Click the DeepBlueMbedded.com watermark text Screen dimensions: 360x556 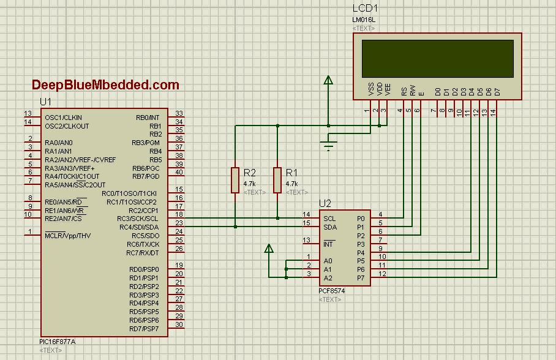105,85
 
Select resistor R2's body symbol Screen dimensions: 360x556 235,179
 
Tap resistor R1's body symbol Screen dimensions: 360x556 277,179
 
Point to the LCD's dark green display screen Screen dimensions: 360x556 437,59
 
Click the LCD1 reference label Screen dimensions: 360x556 366,9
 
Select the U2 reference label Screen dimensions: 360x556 325,204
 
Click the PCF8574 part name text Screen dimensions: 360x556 332,291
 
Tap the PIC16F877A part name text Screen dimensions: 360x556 57,342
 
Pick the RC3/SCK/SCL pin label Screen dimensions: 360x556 138,219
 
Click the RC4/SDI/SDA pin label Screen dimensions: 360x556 138,227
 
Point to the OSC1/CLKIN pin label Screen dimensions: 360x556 63,117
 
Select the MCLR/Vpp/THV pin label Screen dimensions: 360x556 67,235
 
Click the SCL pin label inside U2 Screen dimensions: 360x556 329,218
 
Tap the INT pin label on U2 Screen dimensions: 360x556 329,244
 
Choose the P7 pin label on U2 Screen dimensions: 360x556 361,277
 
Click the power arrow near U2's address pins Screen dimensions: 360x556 268,249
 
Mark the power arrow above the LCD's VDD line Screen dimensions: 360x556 328,80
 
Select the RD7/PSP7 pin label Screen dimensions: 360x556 144,329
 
